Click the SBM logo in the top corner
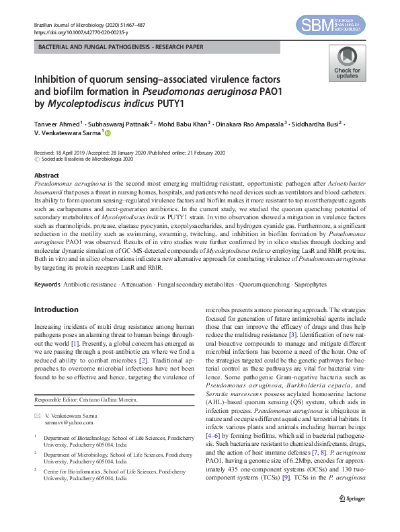click(331, 26)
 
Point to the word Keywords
click(47, 285)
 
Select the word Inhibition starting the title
click(57, 78)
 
